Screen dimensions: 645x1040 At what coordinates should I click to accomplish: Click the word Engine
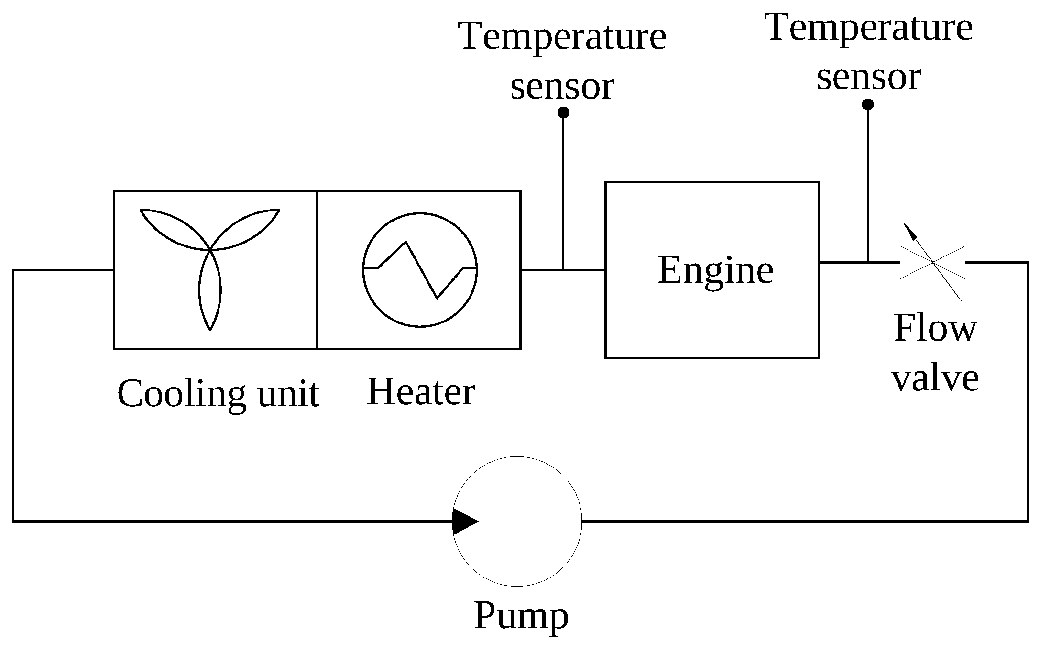tap(715, 270)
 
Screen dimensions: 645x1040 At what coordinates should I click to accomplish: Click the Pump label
tap(521, 616)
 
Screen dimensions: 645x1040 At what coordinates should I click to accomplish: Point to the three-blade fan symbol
tap(210, 258)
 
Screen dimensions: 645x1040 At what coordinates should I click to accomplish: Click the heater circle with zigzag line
tap(420, 269)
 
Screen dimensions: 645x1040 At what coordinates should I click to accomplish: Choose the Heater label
tap(421, 392)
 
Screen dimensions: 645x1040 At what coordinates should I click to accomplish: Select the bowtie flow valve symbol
tap(932, 262)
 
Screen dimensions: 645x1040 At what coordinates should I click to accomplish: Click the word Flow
tap(935, 329)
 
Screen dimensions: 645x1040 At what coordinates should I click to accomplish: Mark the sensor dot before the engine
tap(563, 112)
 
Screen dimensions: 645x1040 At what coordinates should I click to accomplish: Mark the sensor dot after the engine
tap(867, 104)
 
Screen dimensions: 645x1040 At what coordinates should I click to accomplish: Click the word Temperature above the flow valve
tap(869, 27)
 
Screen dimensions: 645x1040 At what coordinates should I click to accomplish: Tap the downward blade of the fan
tap(210, 292)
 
